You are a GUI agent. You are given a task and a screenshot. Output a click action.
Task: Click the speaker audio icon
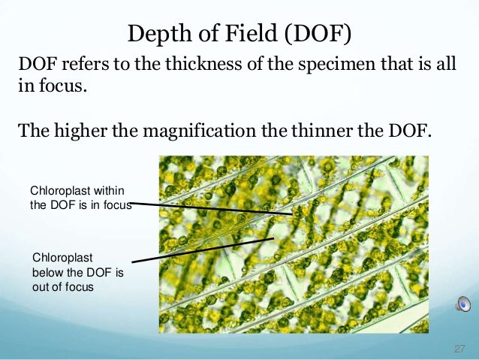tap(463, 304)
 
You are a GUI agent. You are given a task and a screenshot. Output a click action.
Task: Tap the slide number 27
tap(459, 349)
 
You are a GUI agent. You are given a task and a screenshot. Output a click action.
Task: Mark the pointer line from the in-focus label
tap(214, 208)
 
